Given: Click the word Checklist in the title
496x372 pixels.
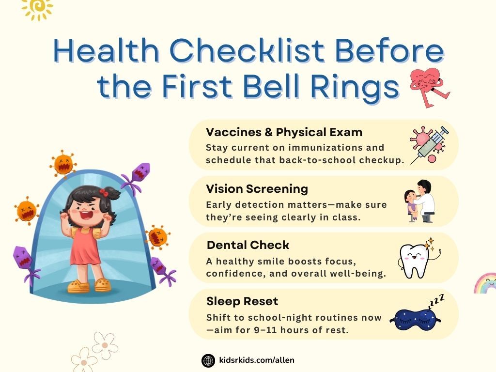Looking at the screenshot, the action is click(247, 50).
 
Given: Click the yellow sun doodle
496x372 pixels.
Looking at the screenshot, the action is click(38, 9).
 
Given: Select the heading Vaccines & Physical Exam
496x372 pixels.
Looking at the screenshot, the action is click(284, 132).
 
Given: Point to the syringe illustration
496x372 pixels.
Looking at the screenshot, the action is click(430, 145).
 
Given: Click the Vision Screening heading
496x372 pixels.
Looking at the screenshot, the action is click(257, 189).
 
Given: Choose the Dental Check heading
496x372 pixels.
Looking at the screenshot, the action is click(248, 245).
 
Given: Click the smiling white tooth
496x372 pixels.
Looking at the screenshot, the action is click(414, 261).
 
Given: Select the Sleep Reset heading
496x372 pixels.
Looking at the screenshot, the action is click(242, 301).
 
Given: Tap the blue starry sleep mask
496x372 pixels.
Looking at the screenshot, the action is click(415, 320).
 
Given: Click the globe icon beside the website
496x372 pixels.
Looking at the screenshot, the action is click(208, 360).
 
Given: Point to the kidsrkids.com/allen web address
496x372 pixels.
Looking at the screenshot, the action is click(257, 360).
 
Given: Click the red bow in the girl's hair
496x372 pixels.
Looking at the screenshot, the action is click(104, 192).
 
